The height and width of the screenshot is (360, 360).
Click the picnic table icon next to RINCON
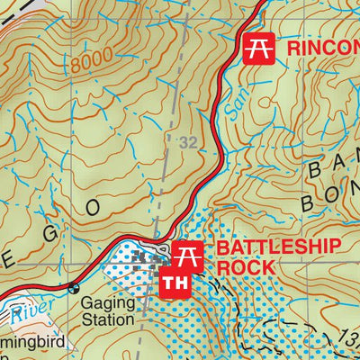coord(258,48)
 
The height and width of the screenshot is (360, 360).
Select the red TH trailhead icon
coord(171,283)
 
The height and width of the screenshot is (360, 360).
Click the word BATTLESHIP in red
coord(278,248)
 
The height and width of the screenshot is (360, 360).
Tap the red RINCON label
coord(322,48)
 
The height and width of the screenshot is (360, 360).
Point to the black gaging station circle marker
coord(73,289)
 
